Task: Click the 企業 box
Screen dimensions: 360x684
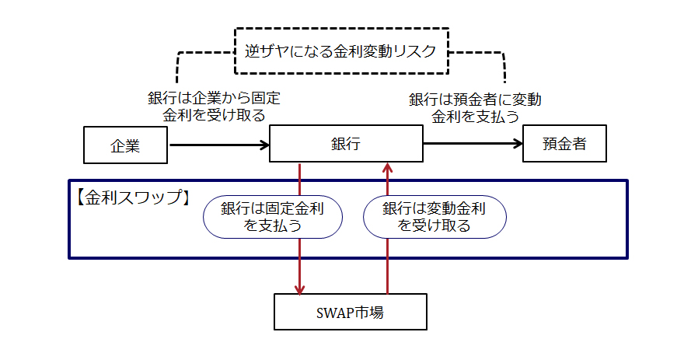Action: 125,145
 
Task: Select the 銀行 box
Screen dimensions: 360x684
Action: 345,145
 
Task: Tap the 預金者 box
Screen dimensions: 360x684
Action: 564,145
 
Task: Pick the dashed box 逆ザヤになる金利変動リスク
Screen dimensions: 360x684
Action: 342,51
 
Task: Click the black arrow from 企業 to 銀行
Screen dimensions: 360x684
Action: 218,145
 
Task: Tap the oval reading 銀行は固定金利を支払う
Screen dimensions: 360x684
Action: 272,216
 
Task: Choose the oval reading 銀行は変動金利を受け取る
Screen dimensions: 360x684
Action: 434,216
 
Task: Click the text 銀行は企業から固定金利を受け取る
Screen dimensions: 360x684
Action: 214,107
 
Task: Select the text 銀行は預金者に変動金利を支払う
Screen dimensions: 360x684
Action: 475,108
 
